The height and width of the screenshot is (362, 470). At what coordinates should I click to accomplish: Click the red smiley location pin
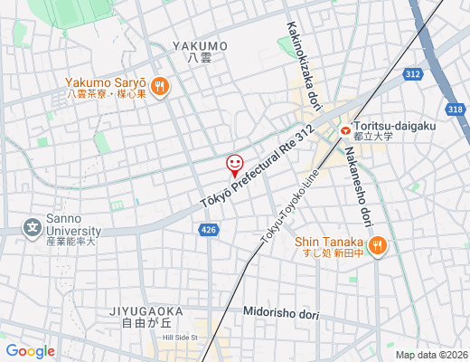click(x=234, y=165)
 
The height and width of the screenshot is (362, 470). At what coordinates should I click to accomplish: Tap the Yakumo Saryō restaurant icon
click(x=160, y=86)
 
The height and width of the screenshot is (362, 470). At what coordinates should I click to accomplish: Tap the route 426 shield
click(x=209, y=231)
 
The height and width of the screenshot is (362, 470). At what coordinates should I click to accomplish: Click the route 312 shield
click(x=413, y=74)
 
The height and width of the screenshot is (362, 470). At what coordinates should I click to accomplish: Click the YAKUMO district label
click(x=200, y=45)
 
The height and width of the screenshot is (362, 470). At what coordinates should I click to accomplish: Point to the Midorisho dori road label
click(x=281, y=313)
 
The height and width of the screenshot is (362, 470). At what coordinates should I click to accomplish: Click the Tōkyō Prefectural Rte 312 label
click(x=257, y=169)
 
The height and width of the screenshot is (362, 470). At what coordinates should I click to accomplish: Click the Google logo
click(x=31, y=351)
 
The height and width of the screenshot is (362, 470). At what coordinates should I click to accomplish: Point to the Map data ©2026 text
click(x=431, y=355)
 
